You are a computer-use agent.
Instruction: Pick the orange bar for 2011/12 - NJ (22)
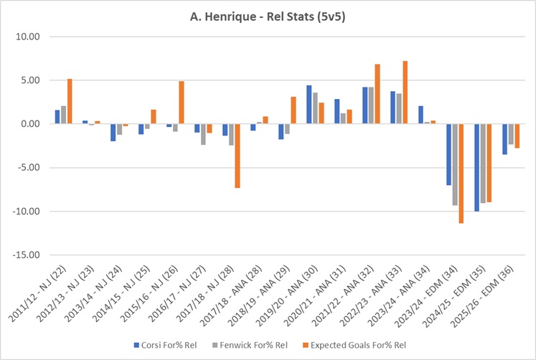(x=70, y=101)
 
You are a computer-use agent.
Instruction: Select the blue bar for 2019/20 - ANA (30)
(x=309, y=105)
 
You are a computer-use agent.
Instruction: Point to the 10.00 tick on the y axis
(x=29, y=37)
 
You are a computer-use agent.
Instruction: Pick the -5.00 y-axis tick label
(x=29, y=168)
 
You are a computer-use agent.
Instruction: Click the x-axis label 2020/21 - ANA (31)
(x=313, y=293)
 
